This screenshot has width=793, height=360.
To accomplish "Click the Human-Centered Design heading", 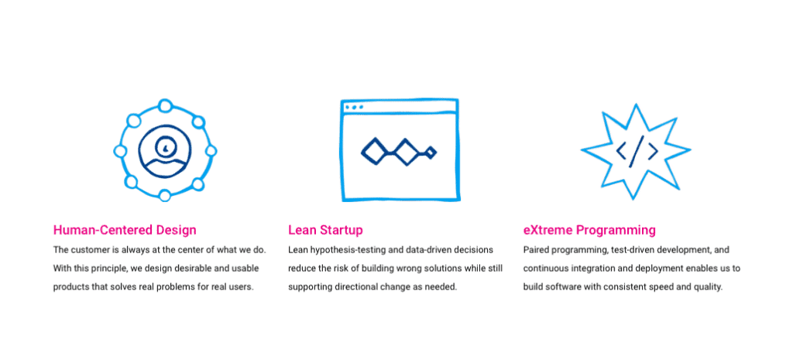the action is tap(125, 230).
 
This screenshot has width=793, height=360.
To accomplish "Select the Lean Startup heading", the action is tap(325, 230).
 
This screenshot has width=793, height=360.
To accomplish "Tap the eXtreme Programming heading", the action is tap(589, 230).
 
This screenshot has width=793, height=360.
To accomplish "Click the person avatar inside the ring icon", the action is tap(165, 151).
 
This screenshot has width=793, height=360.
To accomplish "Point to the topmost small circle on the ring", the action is tap(165, 106).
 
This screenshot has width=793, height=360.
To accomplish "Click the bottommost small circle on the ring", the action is tap(165, 195).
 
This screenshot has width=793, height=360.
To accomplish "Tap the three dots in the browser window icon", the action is tap(354, 107).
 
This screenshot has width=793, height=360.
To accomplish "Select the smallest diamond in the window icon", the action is tap(431, 152).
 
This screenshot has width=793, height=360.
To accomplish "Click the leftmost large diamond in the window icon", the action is tap(374, 151).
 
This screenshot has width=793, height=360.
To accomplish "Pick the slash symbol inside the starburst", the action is tap(637, 151).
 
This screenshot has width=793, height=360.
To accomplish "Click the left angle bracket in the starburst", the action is tap(621, 151).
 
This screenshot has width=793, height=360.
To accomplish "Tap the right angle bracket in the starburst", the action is tap(653, 151).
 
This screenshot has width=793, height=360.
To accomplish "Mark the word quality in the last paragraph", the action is tap(710, 287).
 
